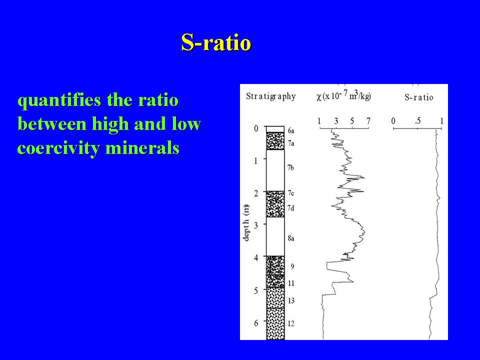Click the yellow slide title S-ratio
pyautogui.click(x=216, y=42)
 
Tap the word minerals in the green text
pyautogui.click(x=142, y=148)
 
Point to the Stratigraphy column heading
pyautogui.click(x=271, y=96)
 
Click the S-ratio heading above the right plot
pyautogui.click(x=419, y=97)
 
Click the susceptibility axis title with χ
pyautogui.click(x=343, y=96)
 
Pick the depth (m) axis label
pyautogui.click(x=246, y=222)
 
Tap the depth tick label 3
pyautogui.click(x=256, y=225)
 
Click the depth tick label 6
pyautogui.click(x=256, y=323)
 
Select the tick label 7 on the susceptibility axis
pyautogui.click(x=368, y=121)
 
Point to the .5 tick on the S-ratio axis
pyautogui.click(x=417, y=121)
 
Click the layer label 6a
pyautogui.click(x=291, y=130)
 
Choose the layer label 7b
pyautogui.click(x=290, y=167)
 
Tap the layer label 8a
pyautogui.click(x=291, y=238)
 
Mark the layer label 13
pyautogui.click(x=291, y=300)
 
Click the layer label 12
pyautogui.click(x=291, y=323)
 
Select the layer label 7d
pyautogui.click(x=291, y=208)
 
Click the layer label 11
pyautogui.click(x=291, y=283)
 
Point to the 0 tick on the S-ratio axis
pyautogui.click(x=393, y=121)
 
